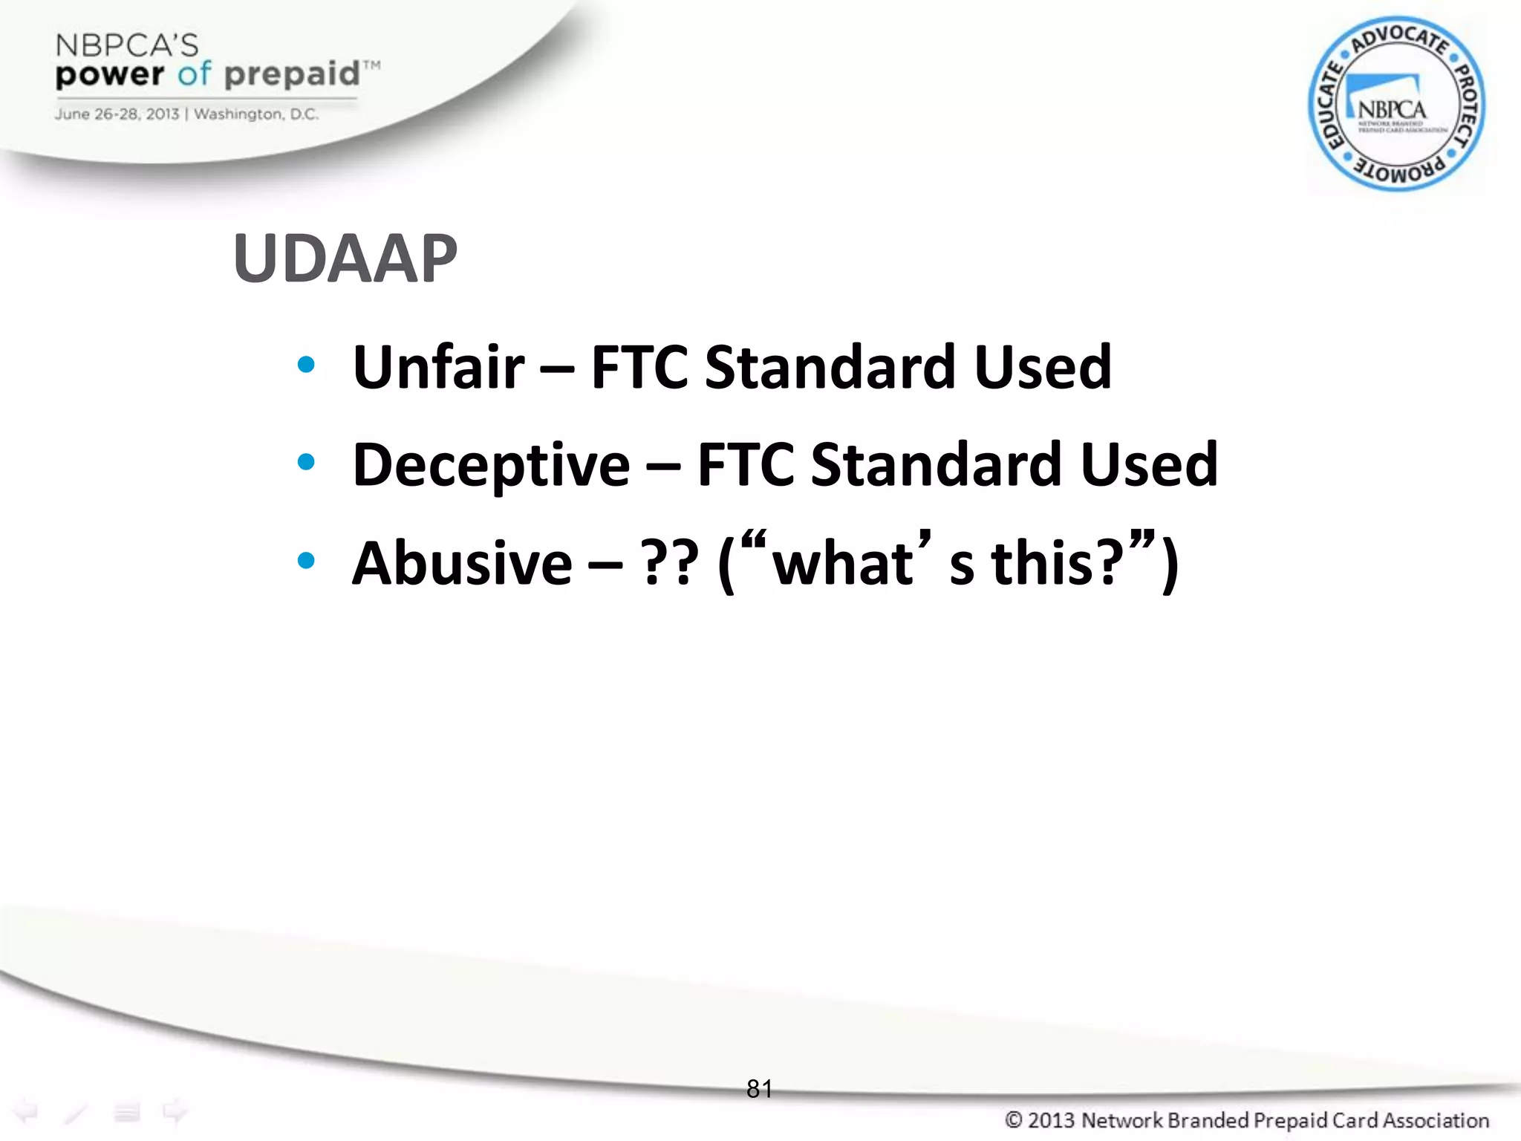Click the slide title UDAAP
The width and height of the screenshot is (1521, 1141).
[345, 259]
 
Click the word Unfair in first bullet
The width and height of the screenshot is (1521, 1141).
[438, 367]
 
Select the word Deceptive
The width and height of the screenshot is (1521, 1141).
[491, 465]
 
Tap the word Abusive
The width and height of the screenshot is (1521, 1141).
[462, 563]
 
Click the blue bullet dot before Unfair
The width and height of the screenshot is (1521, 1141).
[305, 365]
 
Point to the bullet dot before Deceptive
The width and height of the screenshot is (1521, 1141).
[305, 463]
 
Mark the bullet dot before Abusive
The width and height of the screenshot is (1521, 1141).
[305, 561]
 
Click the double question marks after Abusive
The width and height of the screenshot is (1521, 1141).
[671, 563]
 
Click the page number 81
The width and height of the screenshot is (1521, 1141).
[759, 1089]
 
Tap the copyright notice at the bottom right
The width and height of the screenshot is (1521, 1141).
[1246, 1119]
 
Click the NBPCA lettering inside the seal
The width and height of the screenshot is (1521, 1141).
[1392, 110]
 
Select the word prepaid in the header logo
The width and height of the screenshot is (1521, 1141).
[292, 74]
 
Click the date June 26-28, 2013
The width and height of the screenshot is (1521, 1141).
[117, 114]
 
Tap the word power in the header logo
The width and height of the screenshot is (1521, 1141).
[110, 74]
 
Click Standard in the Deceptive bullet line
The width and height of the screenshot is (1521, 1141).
[936, 465]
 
